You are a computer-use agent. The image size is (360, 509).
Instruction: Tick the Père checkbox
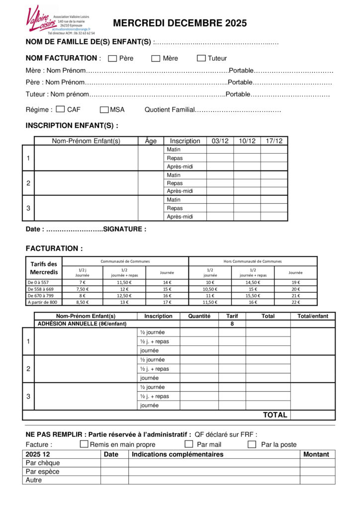112,59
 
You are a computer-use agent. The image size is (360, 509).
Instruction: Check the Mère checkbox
156,59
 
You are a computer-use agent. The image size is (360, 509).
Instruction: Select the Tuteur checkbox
201,59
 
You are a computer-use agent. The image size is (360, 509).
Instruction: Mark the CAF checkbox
60,109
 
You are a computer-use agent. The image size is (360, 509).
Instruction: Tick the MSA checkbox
104,109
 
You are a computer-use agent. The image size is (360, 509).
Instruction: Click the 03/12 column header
220,141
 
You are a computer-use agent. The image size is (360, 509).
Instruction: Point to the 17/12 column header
273,141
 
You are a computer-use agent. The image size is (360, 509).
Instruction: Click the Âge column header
151,141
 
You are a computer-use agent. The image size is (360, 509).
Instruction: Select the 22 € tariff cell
295,302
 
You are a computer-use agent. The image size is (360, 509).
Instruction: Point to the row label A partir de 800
43,302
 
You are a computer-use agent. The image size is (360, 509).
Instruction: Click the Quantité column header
199,316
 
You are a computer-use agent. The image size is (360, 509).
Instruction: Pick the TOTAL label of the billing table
275,415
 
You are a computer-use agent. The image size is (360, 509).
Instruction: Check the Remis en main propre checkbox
84,444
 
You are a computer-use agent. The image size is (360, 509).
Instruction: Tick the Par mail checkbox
189,444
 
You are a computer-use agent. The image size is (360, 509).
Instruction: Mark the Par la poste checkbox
252,444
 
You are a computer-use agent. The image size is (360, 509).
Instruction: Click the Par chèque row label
43,463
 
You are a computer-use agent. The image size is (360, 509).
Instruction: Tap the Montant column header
317,454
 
